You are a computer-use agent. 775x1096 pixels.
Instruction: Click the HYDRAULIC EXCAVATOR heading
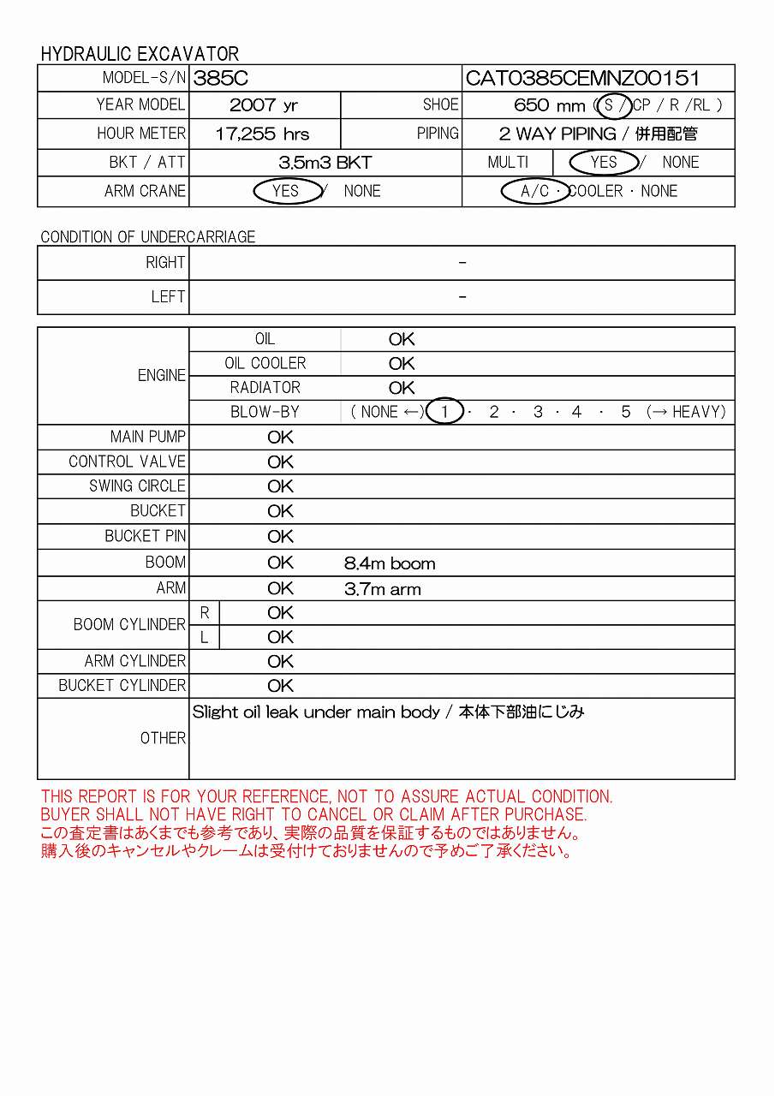coord(140,53)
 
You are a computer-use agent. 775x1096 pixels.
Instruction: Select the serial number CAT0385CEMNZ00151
coord(582,79)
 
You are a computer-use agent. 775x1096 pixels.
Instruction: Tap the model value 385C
coord(221,79)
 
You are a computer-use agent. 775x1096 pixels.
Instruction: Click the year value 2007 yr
coord(264,105)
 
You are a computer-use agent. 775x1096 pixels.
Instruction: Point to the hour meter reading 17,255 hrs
coord(262,134)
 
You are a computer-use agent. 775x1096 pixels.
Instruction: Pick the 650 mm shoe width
coord(549,105)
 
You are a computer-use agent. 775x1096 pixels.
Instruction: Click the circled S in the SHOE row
coord(610,105)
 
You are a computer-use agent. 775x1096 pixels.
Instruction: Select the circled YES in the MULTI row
coord(604,162)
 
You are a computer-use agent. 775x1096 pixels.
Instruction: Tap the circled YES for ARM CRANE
coord(286,191)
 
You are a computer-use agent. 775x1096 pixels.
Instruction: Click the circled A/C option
coord(535,191)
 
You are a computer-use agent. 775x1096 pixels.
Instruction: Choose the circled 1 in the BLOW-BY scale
coord(444,412)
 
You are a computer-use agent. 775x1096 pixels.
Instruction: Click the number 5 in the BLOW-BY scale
coord(626,412)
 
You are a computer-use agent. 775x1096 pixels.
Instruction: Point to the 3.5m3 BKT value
coord(325,162)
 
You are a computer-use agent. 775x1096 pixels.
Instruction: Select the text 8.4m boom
coord(390,563)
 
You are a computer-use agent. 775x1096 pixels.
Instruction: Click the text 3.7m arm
coord(383,589)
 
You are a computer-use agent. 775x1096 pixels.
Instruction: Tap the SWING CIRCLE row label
coord(137,485)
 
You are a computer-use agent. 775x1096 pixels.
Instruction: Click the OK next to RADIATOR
coord(402,388)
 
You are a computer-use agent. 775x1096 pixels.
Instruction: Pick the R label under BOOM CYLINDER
coord(205,613)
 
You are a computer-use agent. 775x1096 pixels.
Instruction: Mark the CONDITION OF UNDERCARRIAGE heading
coord(148,236)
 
